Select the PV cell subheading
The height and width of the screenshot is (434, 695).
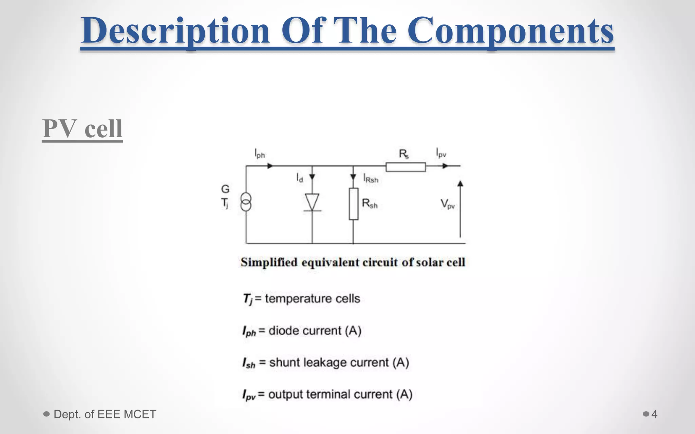tap(82, 129)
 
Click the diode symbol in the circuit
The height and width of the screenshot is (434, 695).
tap(312, 202)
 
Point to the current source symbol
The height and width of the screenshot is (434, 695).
tap(246, 202)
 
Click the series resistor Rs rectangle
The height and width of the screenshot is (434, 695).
tap(406, 167)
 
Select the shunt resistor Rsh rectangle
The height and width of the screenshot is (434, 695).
tap(354, 204)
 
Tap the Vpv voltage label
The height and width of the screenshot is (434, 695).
tap(447, 204)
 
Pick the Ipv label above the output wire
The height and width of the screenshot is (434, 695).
tap(441, 153)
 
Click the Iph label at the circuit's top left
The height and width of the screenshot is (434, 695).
tap(260, 154)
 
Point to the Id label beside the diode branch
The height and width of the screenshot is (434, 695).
tap(300, 178)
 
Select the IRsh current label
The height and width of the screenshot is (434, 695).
tap(371, 179)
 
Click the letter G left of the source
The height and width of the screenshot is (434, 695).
tap(225, 189)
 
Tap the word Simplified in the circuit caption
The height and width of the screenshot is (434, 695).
tap(269, 262)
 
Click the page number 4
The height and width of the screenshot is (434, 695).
tap(654, 414)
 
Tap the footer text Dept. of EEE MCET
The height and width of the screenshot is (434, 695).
tap(105, 414)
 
